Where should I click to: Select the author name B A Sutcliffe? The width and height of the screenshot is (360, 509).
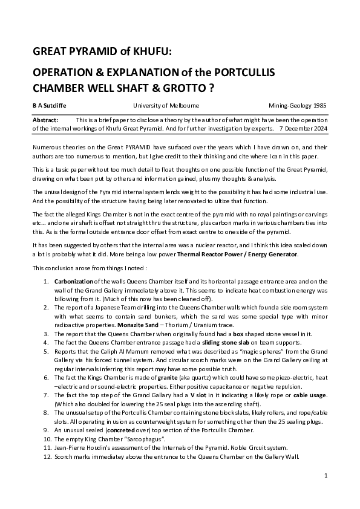[50, 105]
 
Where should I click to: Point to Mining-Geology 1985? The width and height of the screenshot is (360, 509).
[298, 105]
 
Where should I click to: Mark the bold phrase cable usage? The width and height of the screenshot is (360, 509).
[309, 394]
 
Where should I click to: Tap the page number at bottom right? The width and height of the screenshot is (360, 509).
[326, 476]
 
